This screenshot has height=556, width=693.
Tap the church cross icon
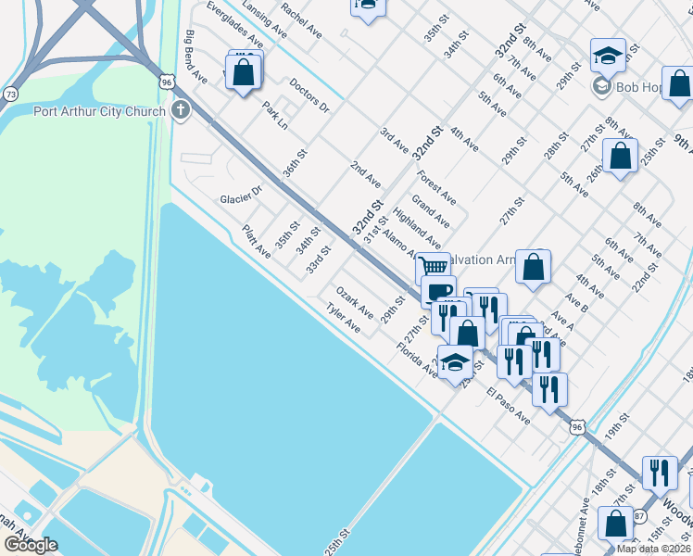pos(180,111)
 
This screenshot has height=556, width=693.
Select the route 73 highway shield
pos(10,95)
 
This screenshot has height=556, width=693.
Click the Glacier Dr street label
pos(242,199)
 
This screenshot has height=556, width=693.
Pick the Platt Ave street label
pos(257,242)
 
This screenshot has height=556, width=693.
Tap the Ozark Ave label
pos(355,301)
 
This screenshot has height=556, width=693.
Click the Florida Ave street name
pos(416,360)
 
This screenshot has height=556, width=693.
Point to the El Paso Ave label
pos(508,406)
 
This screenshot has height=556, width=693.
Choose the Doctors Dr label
pos(309,95)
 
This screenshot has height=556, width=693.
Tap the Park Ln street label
pos(275,116)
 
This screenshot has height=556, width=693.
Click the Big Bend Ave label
pos(195,57)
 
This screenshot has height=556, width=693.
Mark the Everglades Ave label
pos(231,24)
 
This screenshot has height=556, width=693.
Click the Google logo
pos(31,545)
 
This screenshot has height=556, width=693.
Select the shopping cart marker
pos(433,267)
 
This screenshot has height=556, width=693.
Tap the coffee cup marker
pos(438,290)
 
